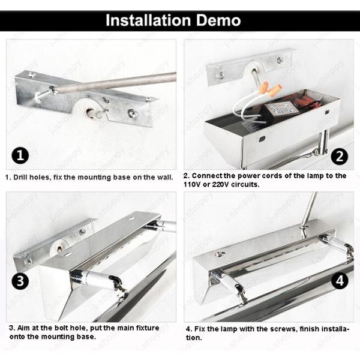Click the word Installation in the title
click(x=148, y=20)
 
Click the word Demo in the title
click(x=218, y=20)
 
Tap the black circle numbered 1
click(x=20, y=155)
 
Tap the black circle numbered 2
click(x=340, y=157)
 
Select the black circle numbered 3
click(x=20, y=281)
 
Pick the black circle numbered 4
click(x=340, y=281)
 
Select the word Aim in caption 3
click(x=23, y=328)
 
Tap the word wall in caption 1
click(x=165, y=177)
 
